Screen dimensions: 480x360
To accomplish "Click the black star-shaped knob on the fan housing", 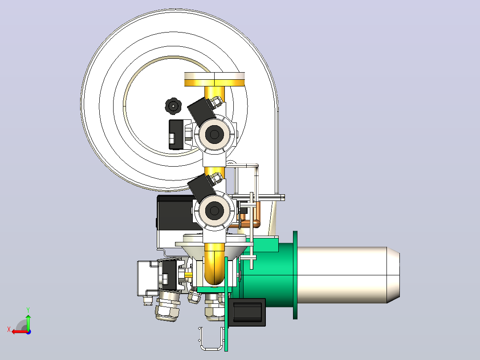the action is coord(173,106).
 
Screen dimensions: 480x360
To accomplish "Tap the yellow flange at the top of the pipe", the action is coord(214,79).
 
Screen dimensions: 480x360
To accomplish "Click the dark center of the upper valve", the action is coord(214,134).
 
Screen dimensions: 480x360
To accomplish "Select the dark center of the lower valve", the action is coord(214,210).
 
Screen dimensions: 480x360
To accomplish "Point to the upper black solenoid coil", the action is coord(201,111).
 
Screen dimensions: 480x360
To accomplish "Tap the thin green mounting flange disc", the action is coord(295,275).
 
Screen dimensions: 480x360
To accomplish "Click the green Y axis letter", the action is coord(28,310).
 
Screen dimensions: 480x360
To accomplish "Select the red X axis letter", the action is coord(9,329).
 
